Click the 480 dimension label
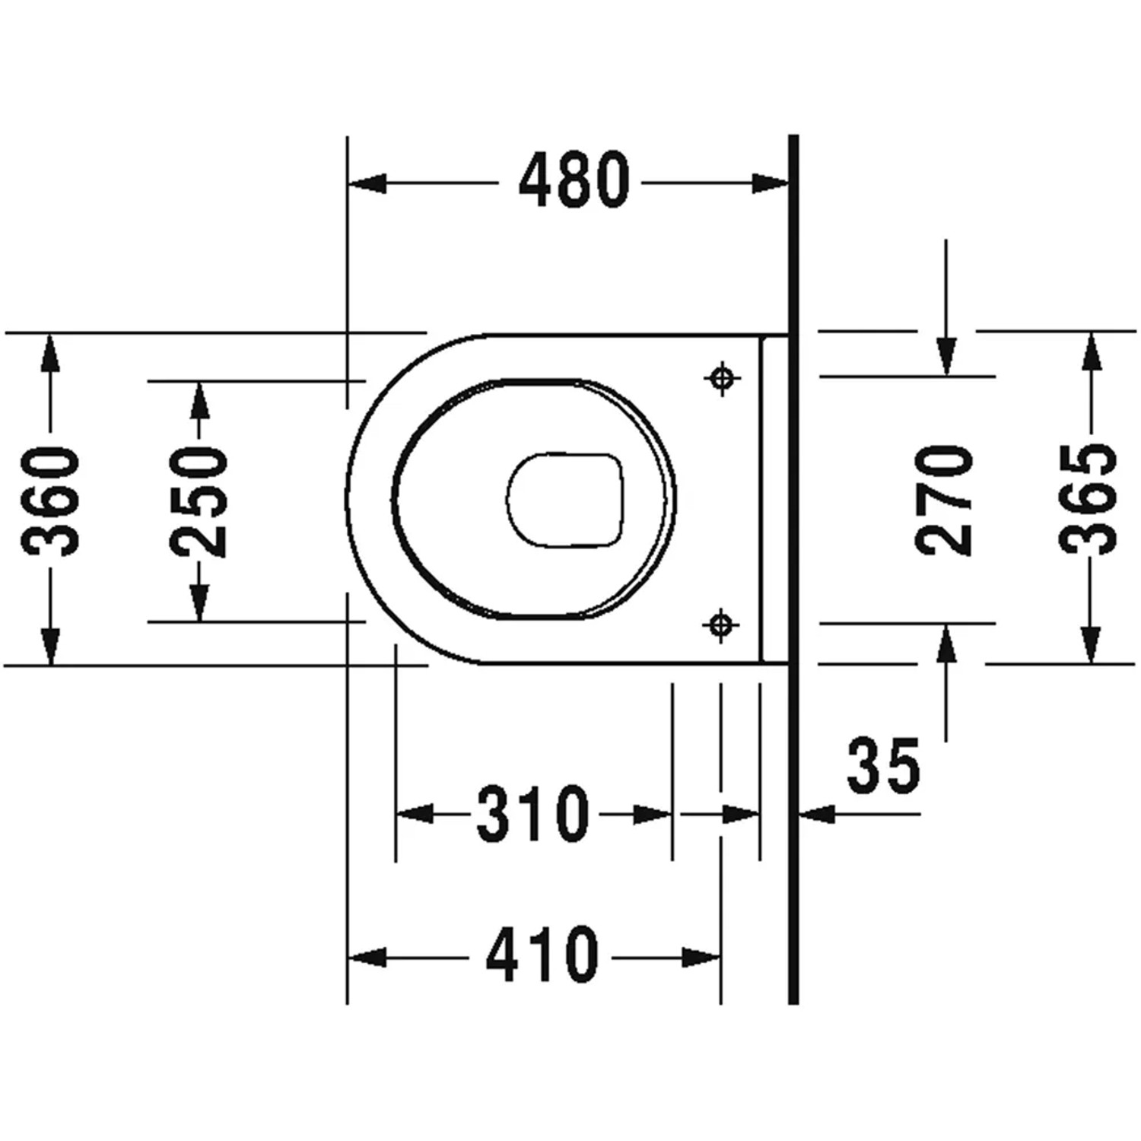pyautogui.click(x=574, y=180)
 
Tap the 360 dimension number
pyautogui.click(x=51, y=501)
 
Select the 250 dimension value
pyautogui.click(x=199, y=501)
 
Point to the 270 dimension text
pyautogui.click(x=944, y=501)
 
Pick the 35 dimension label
pyautogui.click(x=884, y=765)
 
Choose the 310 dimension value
pyautogui.click(x=533, y=815)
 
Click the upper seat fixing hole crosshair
pyautogui.click(x=723, y=377)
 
